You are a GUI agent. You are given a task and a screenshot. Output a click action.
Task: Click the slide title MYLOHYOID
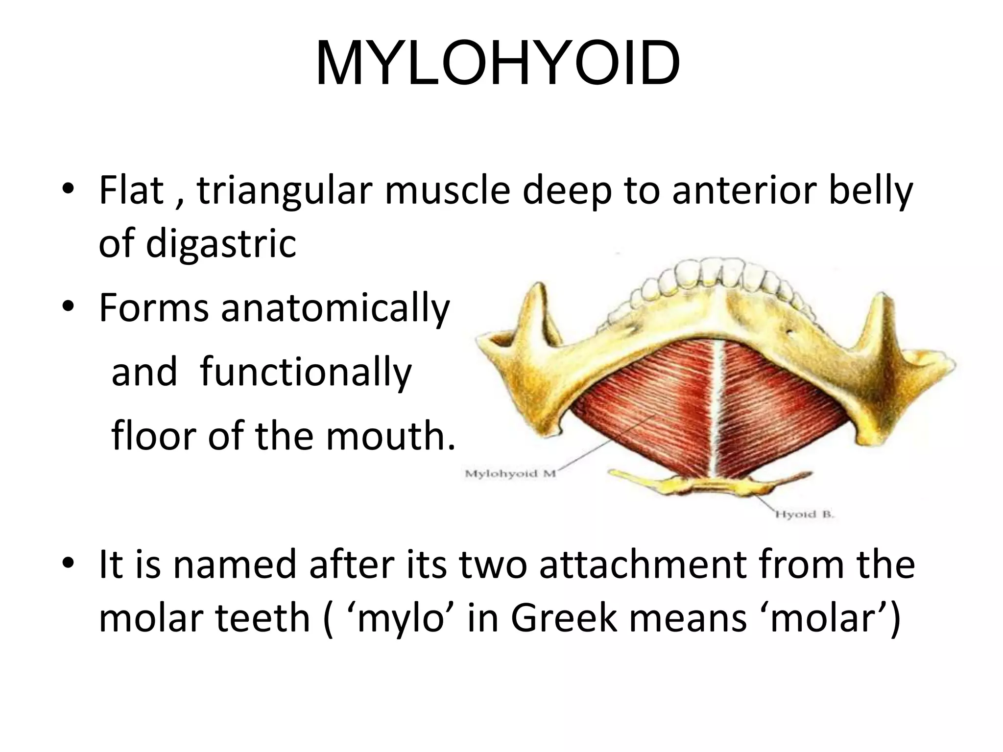[498, 64]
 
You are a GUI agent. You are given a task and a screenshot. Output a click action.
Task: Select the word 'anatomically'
[335, 308]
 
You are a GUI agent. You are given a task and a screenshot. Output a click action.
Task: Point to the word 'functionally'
[306, 372]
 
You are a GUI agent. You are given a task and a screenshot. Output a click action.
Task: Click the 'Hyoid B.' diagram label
[804, 514]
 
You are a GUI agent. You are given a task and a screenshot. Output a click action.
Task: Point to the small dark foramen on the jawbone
[789, 333]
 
